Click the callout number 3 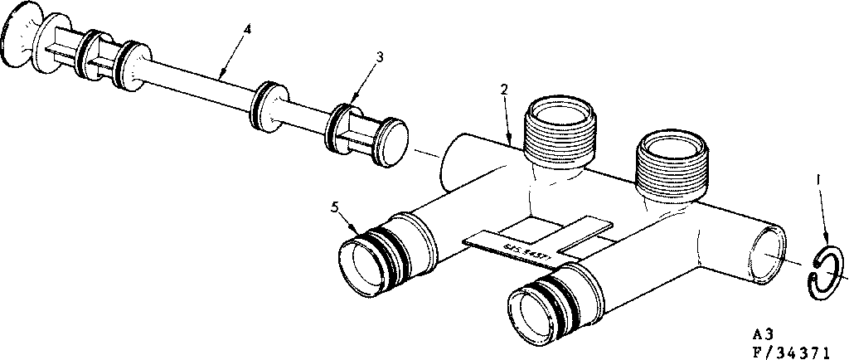(379, 56)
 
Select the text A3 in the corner (763, 334)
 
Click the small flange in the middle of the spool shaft (267, 104)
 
